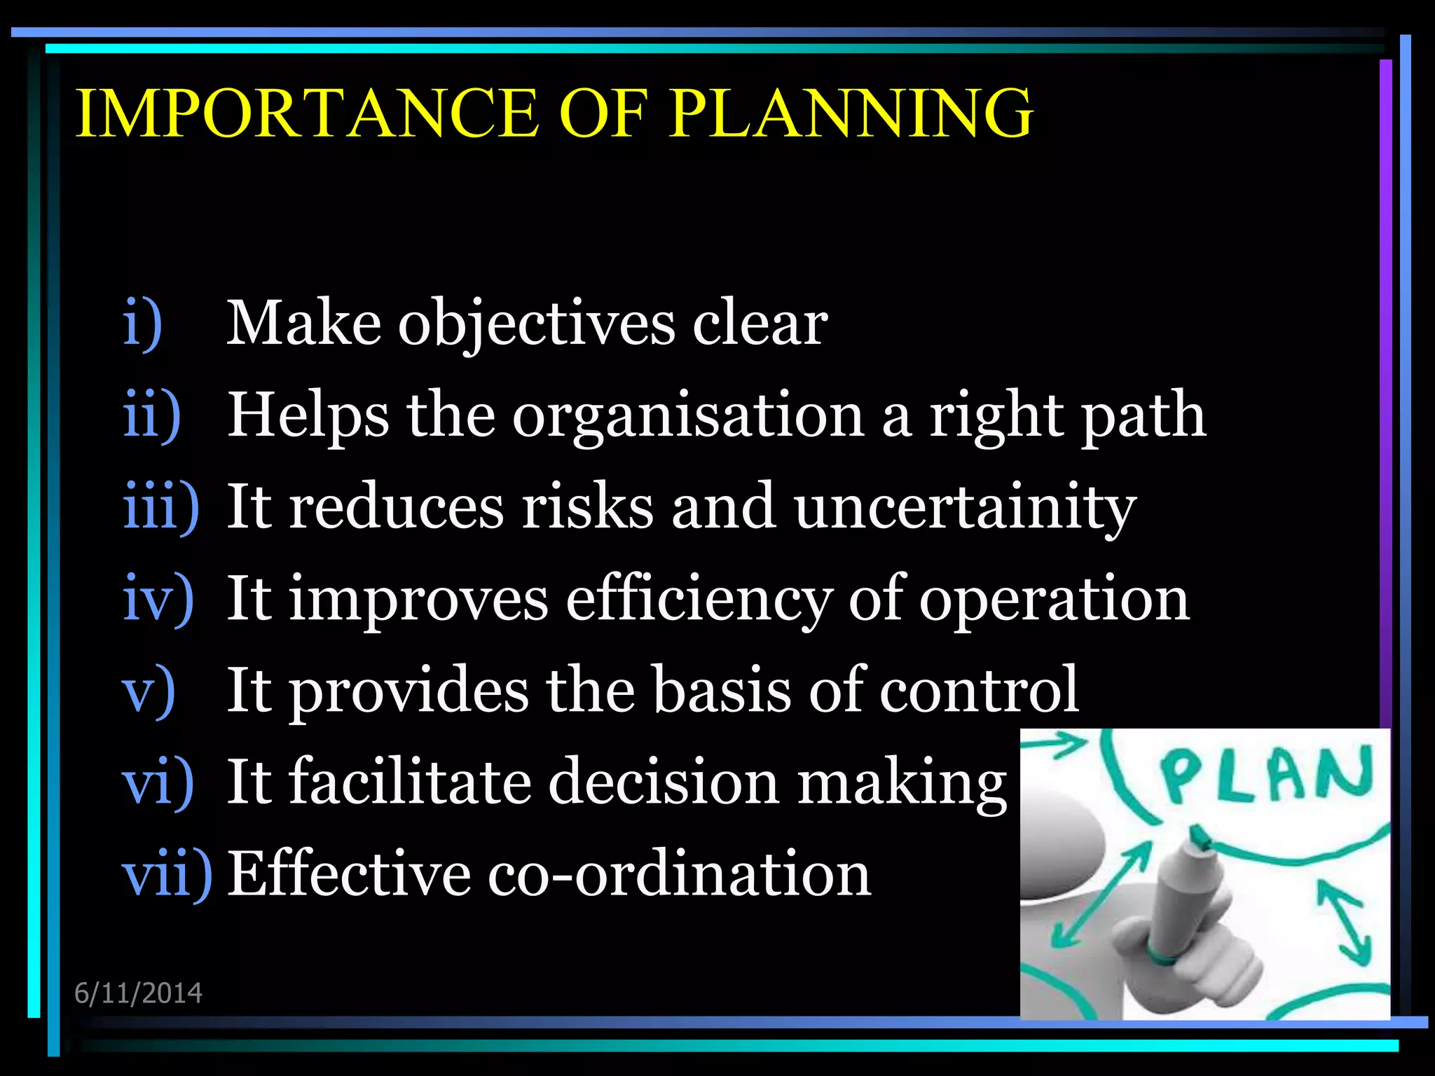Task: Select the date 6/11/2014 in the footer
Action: [138, 993]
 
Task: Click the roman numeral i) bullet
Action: [143, 324]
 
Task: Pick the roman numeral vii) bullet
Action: [167, 874]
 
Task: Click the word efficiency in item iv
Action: [698, 600]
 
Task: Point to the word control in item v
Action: [979, 691]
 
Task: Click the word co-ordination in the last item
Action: [679, 874]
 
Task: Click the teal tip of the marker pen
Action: [1200, 836]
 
